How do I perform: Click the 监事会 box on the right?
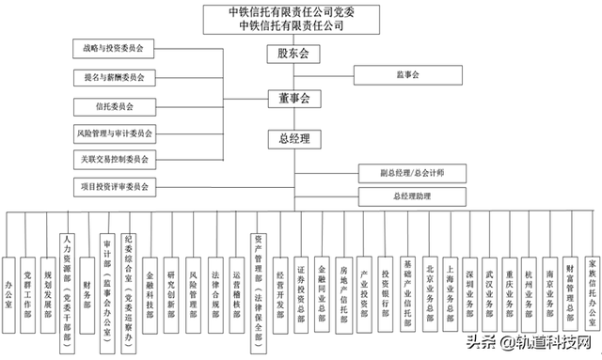407,73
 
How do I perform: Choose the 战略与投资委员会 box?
115,47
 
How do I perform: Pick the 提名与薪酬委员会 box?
115,77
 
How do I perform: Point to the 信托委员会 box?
115,106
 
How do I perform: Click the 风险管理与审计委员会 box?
115,133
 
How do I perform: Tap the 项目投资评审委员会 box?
115,186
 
